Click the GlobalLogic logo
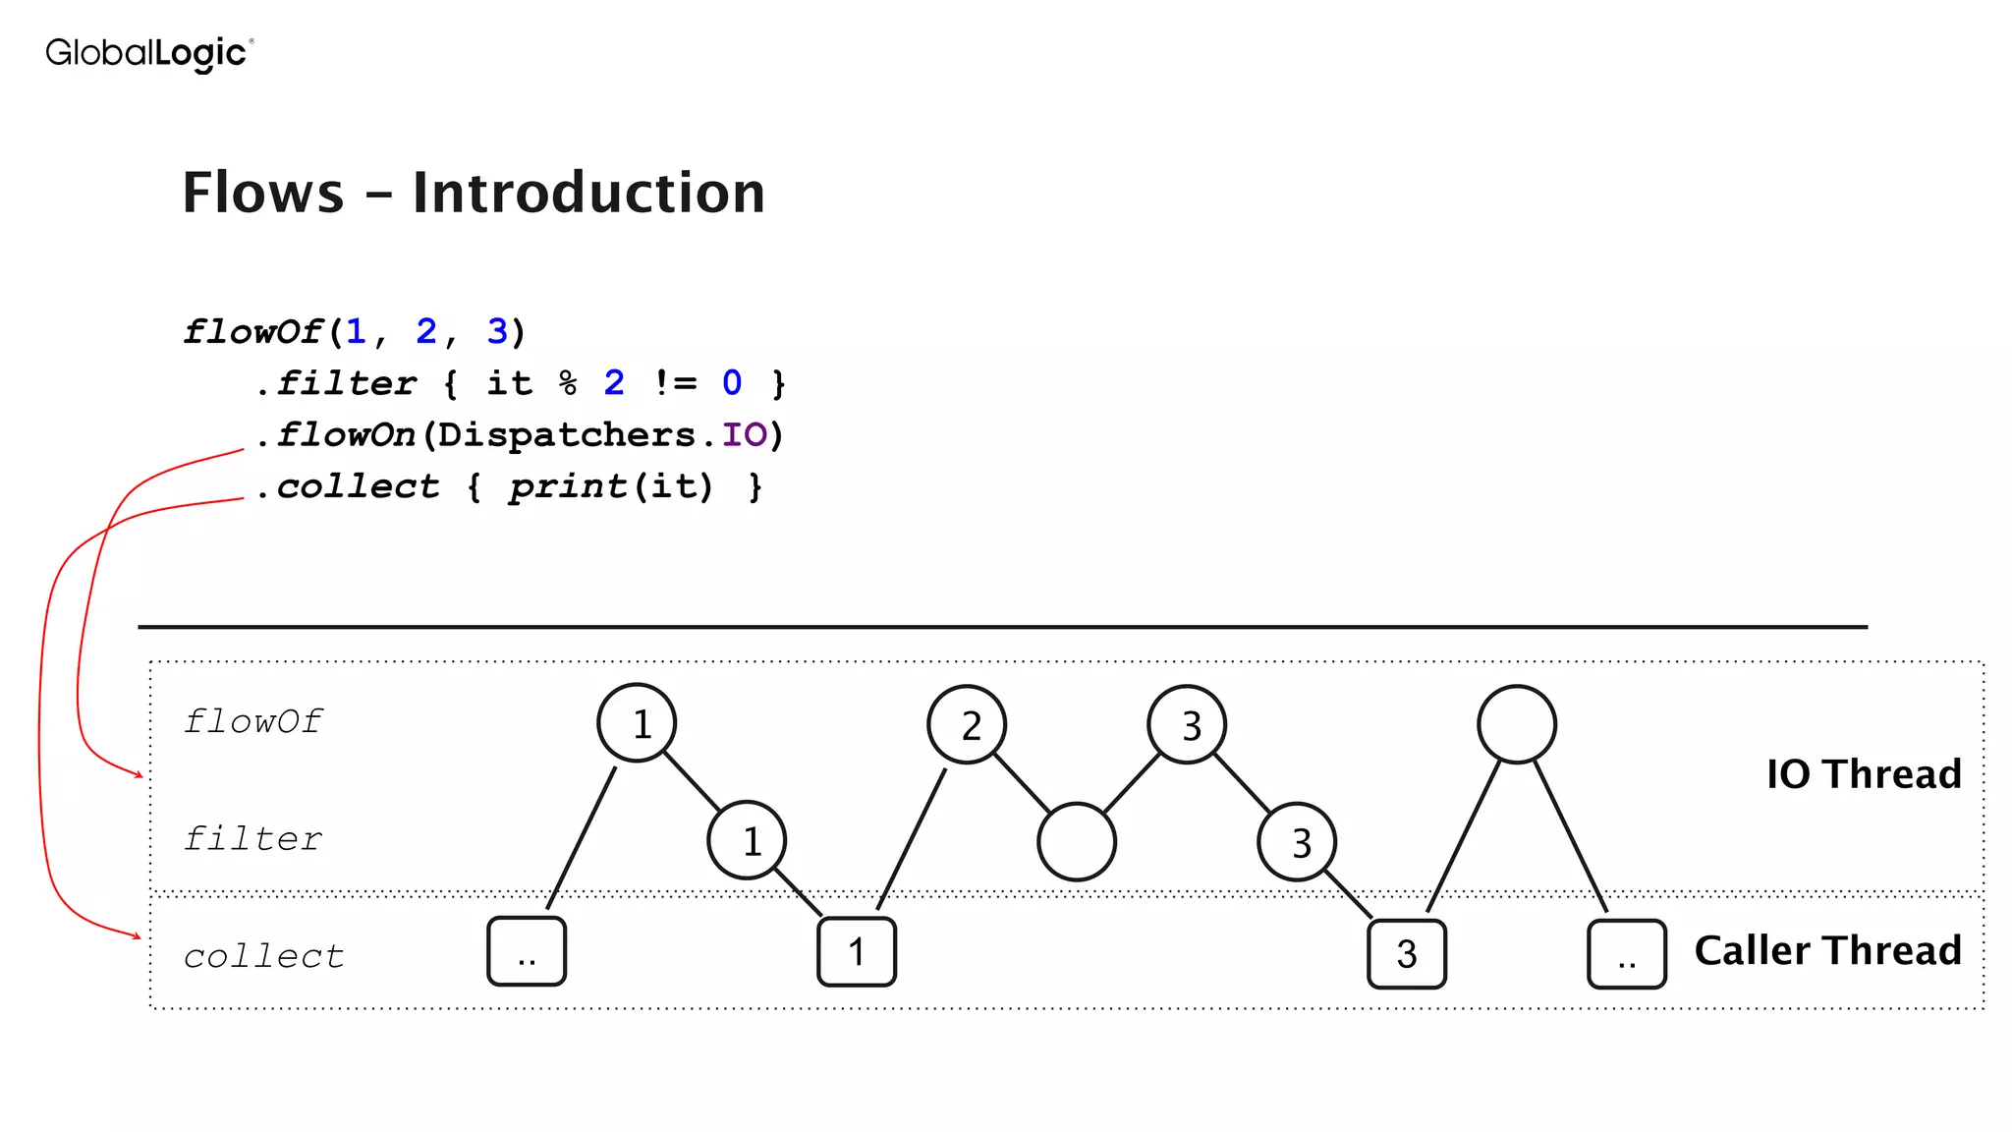pos(149,53)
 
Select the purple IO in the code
pos(744,434)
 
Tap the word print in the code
pos(567,486)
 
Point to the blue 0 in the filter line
pos(732,382)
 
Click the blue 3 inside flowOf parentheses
pos(497,331)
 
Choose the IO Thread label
pos(1863,774)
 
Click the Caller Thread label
pos(1827,950)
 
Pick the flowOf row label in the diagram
pos(252,722)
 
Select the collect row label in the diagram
pos(263,956)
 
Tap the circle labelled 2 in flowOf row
pos(967,725)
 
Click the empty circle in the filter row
pos(1077,842)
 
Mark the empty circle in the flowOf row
pos(1516,725)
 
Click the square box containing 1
pos(857,952)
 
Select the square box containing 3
pos(1406,954)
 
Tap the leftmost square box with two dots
pos(527,952)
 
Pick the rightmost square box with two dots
pos(1626,954)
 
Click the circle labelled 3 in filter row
pos(1297,842)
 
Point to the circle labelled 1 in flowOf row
pos(637,724)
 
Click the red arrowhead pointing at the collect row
pos(137,935)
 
